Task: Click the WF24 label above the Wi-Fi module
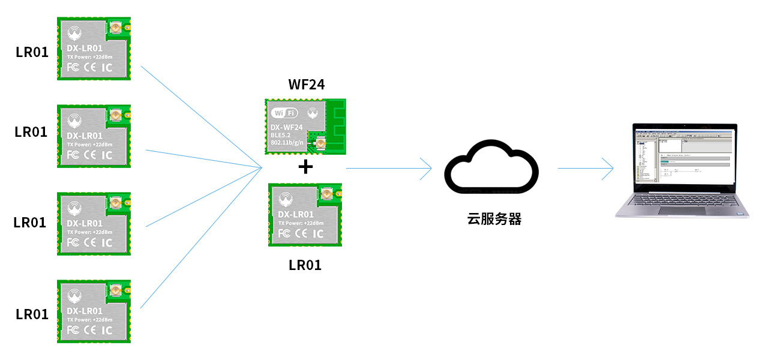coord(306,85)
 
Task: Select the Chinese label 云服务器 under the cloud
coord(494,219)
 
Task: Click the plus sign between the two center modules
coord(305,167)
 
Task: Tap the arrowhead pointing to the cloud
coord(427,169)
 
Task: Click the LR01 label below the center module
coord(305,265)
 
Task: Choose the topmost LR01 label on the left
coord(32,52)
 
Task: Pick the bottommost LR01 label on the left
coord(32,314)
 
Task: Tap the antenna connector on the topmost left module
coord(114,28)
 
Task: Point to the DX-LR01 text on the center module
coord(296,214)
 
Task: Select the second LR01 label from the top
coord(31,132)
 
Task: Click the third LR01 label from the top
coord(30,222)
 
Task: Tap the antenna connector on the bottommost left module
coord(114,290)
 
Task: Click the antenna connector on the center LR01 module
coord(326,194)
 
